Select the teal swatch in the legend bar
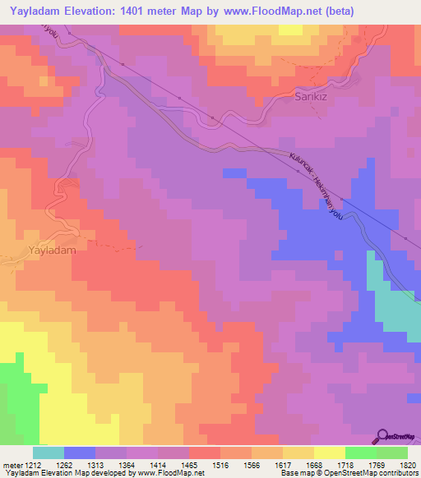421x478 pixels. pyautogui.click(x=48, y=453)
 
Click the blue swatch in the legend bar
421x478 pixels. pyautogui.click(x=79, y=453)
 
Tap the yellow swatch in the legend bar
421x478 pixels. pyautogui.click(x=329, y=453)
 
